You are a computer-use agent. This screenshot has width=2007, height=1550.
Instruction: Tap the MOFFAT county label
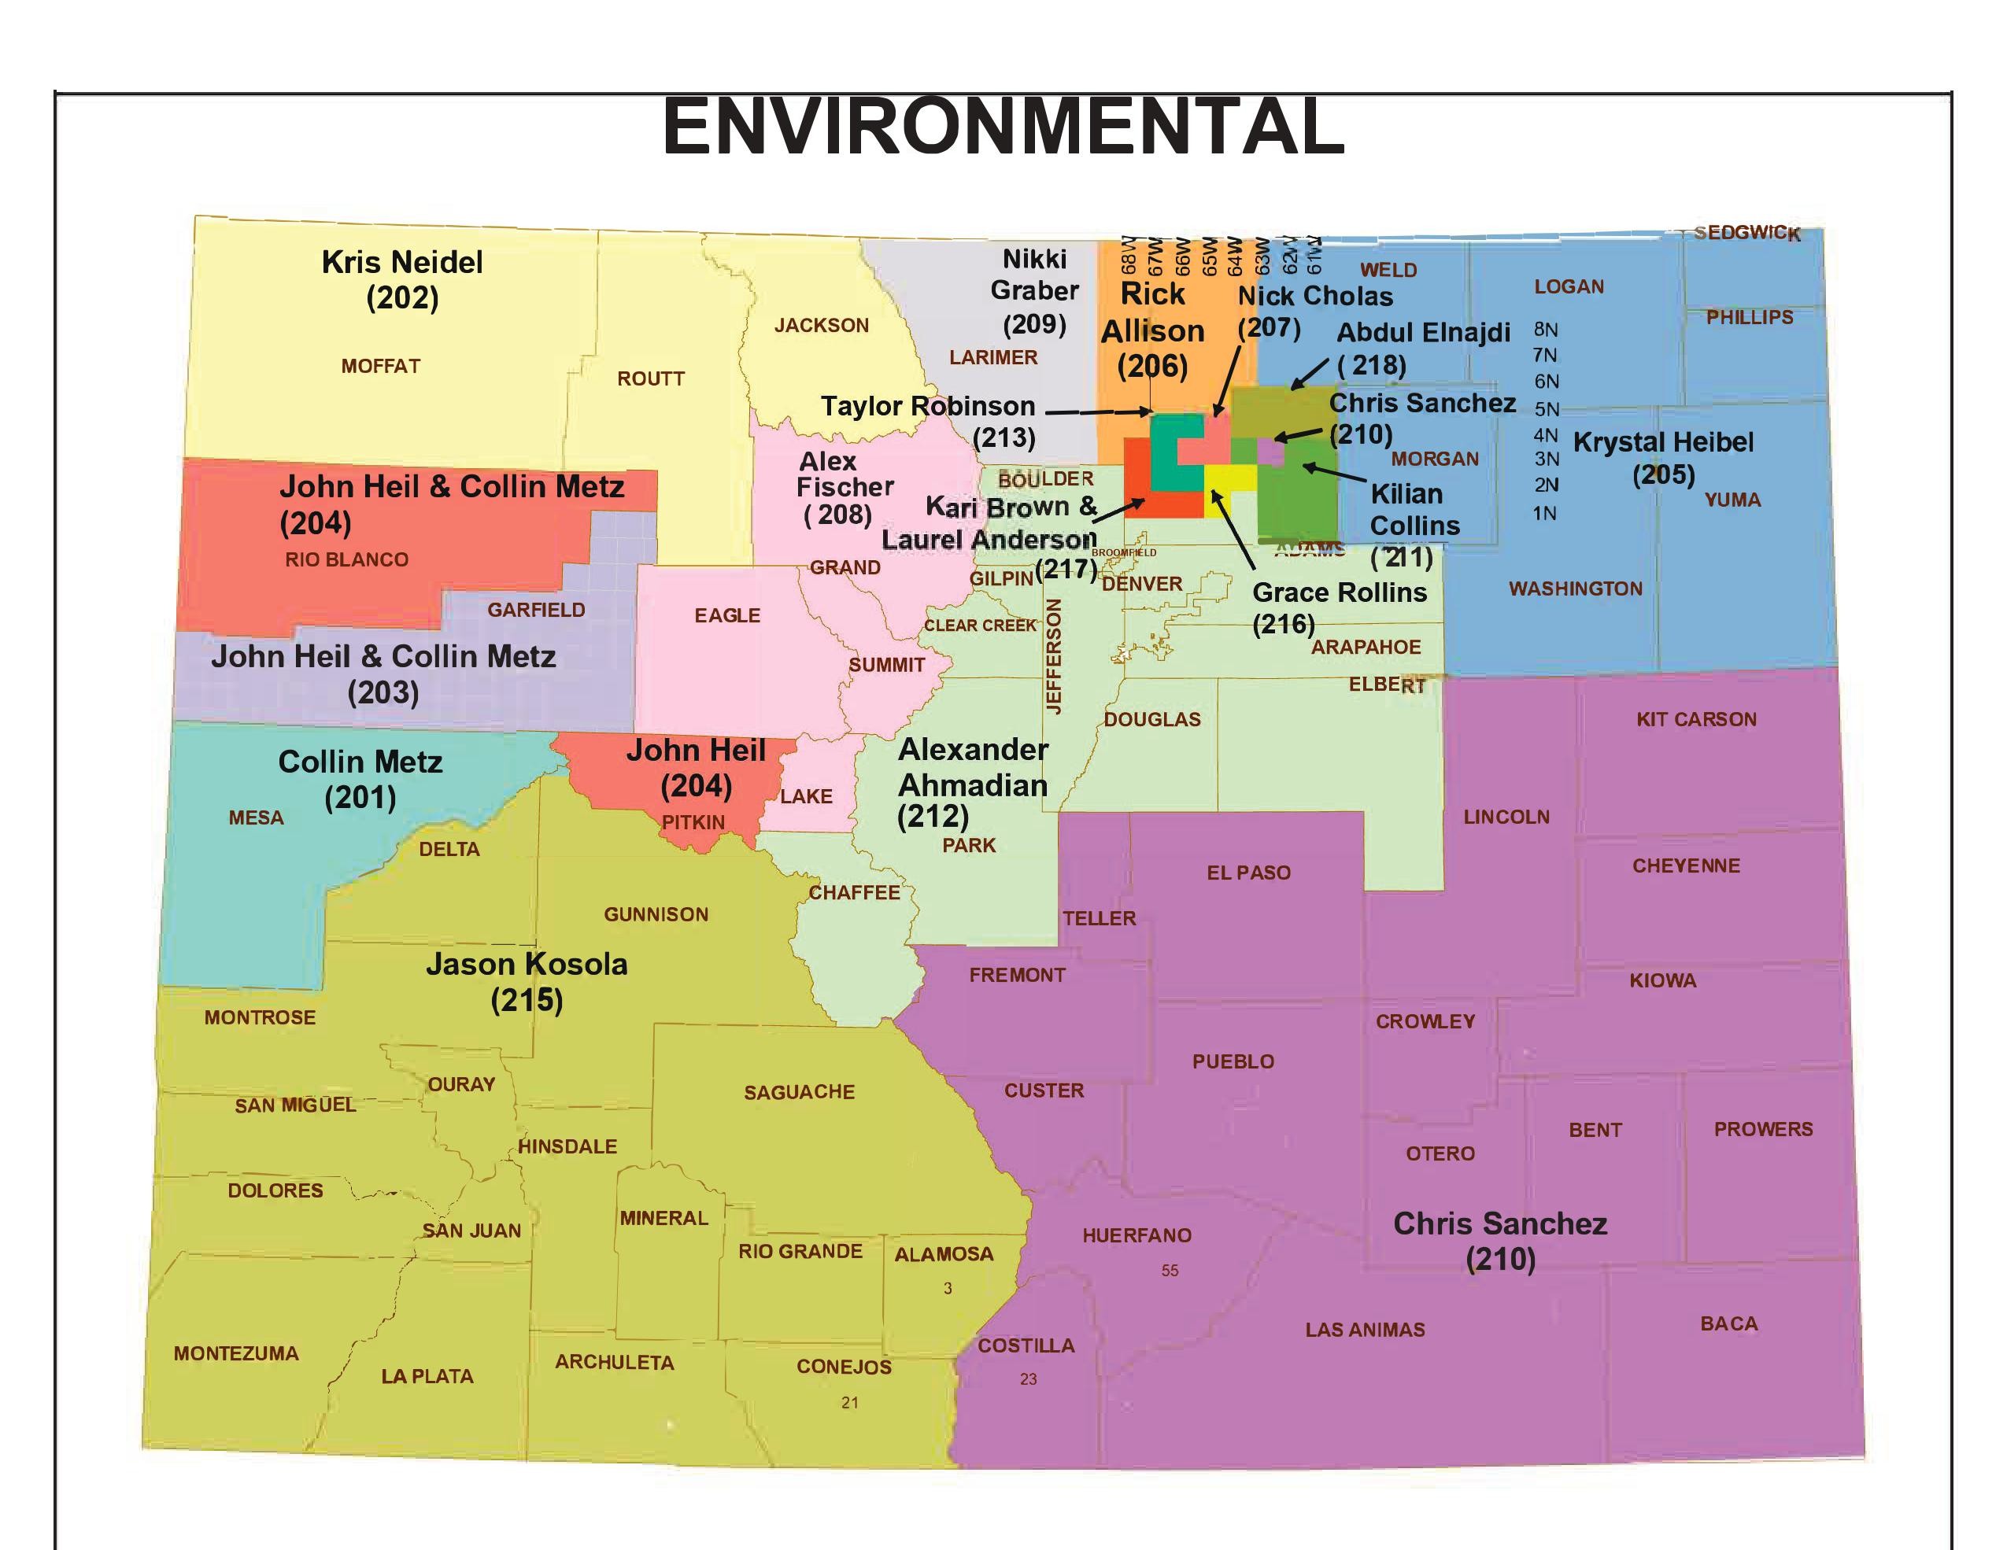click(x=380, y=366)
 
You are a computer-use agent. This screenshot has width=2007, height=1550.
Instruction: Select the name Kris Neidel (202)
click(x=402, y=279)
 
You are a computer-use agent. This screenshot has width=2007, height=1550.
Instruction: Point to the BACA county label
click(x=1728, y=1323)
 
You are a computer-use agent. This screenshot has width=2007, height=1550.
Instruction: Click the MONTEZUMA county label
click(x=236, y=1353)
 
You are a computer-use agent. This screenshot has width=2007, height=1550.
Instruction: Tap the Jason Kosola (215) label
click(x=527, y=981)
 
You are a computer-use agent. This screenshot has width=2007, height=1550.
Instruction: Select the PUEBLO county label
click(x=1233, y=1061)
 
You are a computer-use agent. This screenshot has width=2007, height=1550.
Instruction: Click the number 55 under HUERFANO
click(x=1170, y=1271)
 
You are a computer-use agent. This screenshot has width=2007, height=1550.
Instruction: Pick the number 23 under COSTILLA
click(x=1029, y=1378)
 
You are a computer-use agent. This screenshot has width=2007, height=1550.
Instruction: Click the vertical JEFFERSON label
click(x=1055, y=656)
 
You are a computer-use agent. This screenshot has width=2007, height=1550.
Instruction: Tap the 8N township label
click(x=1546, y=330)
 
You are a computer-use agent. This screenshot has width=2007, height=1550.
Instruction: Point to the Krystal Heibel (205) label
click(x=1663, y=458)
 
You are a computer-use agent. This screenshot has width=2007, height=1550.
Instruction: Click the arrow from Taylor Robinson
click(x=1098, y=412)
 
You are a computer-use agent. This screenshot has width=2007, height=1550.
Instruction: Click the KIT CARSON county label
click(x=1696, y=719)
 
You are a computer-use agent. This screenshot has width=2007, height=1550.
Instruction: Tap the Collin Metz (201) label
click(x=360, y=778)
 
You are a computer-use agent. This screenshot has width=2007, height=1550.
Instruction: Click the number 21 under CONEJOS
click(x=850, y=1402)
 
